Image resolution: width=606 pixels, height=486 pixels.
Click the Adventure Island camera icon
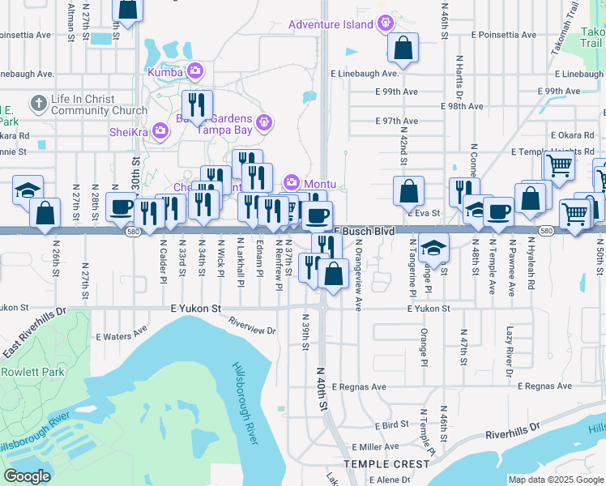click(387, 23)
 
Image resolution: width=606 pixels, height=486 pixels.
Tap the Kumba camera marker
click(194, 72)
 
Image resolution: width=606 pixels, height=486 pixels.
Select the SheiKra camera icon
click(160, 130)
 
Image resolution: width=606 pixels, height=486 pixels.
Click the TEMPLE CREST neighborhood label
click(386, 464)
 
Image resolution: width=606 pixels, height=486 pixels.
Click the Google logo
click(27, 476)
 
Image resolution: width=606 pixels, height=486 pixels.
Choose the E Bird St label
click(391, 424)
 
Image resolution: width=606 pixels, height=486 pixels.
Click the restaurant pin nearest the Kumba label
click(197, 105)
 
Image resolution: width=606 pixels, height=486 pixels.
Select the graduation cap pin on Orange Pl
click(434, 247)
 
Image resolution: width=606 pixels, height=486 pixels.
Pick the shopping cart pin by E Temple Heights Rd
click(559, 166)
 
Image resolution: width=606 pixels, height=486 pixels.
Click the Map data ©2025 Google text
click(555, 479)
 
